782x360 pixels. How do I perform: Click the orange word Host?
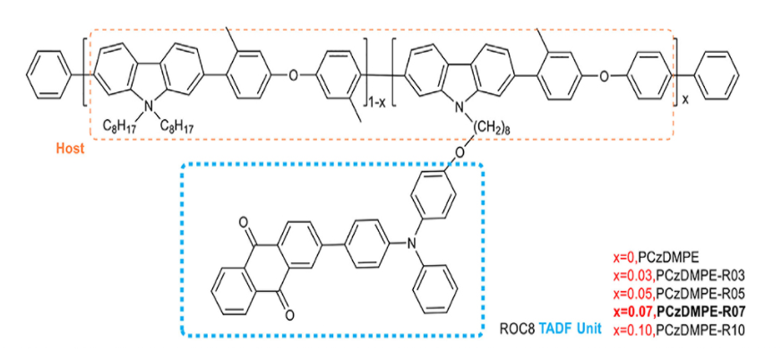point(66,149)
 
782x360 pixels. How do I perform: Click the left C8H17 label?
point(119,126)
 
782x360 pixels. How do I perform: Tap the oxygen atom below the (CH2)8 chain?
point(460,151)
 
